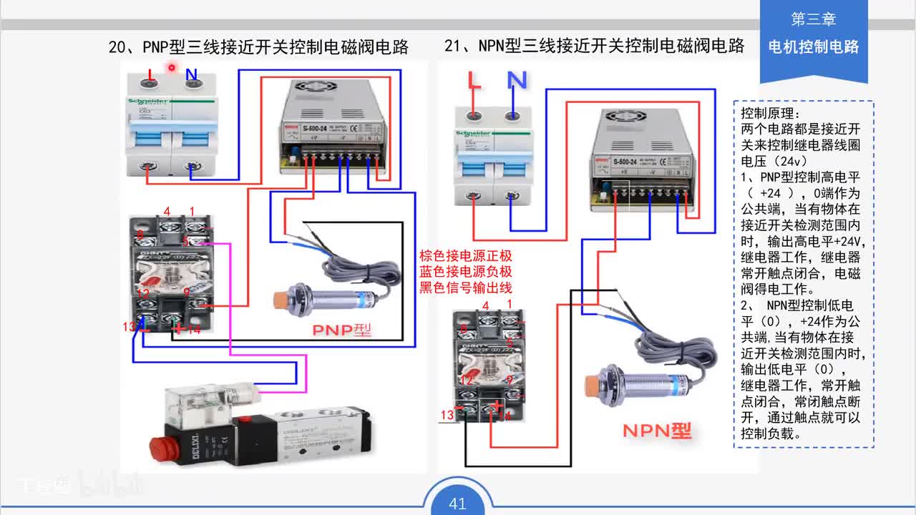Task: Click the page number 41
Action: click(x=457, y=504)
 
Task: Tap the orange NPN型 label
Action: click(x=656, y=431)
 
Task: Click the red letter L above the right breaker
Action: click(x=474, y=80)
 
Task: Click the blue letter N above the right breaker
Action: click(x=517, y=80)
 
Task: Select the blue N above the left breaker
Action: click(x=191, y=75)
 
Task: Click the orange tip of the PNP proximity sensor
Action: click(x=281, y=299)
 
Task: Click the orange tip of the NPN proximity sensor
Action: click(x=592, y=387)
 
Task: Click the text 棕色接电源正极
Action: click(x=465, y=256)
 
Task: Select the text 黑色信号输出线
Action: click(x=465, y=288)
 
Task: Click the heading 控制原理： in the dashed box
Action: click(x=771, y=114)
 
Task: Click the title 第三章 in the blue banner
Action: click(x=814, y=19)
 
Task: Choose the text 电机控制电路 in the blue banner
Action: click(x=814, y=47)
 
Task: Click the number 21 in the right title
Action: click(x=453, y=46)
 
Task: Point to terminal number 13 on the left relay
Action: click(x=129, y=326)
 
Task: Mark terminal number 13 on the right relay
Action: click(x=447, y=415)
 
